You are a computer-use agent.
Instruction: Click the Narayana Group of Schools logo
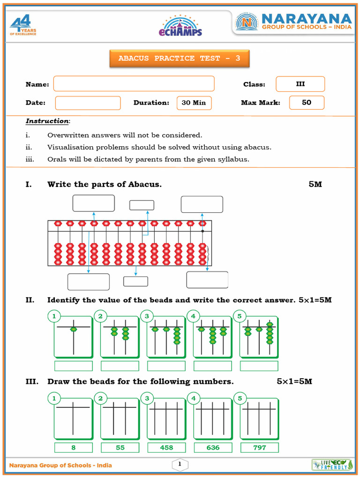click(293, 22)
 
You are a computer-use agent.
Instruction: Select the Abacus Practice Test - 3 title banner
click(180, 59)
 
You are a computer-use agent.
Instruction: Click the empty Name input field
click(134, 84)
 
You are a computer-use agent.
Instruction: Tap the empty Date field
click(88, 103)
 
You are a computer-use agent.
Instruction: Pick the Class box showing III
click(300, 84)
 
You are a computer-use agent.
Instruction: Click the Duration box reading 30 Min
click(194, 103)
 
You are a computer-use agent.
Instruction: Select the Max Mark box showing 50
click(307, 103)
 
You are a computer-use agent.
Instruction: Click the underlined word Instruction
click(47, 121)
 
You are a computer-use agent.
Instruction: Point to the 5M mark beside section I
click(315, 184)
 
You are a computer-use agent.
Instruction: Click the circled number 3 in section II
click(147, 316)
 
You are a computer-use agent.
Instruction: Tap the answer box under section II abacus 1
click(73, 366)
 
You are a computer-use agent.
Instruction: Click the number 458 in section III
click(166, 448)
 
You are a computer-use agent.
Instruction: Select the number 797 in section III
click(259, 448)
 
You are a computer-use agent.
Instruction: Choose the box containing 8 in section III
click(73, 448)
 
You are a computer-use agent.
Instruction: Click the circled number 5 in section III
click(240, 398)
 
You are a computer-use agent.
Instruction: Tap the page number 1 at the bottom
click(180, 465)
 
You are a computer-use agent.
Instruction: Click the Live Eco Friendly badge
click(330, 465)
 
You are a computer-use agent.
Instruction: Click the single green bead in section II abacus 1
click(73, 330)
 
